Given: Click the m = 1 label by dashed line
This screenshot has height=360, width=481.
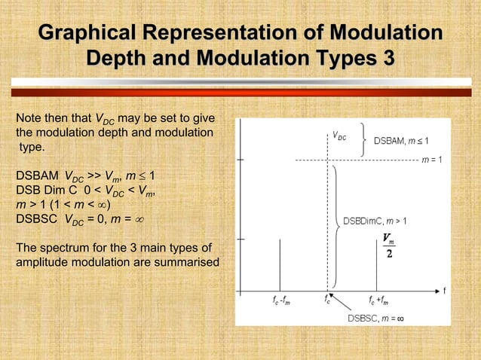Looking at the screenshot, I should (431, 160).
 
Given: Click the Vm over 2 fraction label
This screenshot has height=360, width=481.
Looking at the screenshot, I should (388, 246).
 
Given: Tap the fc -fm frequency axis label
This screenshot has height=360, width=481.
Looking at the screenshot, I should (281, 301).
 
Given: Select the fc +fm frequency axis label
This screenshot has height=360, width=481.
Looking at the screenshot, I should (379, 301).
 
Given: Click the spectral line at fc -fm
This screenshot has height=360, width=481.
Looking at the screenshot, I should (280, 264).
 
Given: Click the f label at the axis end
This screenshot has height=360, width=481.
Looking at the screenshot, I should (445, 290).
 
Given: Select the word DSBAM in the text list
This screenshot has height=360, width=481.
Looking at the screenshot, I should (35, 177).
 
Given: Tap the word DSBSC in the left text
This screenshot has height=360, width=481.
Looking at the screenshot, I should (35, 219).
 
